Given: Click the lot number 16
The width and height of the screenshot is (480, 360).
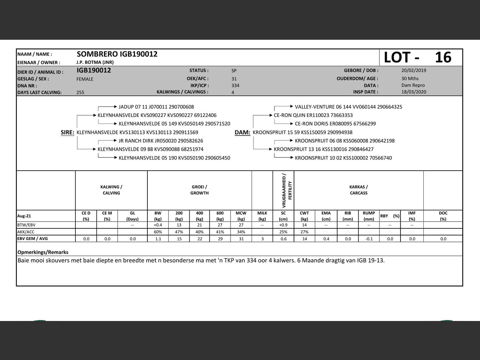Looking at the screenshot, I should (443, 57).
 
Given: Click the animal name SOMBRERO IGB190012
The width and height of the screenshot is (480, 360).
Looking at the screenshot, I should (117, 54).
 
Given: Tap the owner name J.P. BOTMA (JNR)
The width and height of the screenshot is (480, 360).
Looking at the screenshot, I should (95, 62).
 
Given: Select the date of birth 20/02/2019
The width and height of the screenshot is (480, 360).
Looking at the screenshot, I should (414, 70).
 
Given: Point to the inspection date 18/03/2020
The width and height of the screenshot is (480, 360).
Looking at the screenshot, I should (414, 92).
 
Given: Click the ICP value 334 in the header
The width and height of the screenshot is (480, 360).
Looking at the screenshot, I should (235, 85).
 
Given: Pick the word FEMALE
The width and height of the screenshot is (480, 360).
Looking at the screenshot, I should (85, 79).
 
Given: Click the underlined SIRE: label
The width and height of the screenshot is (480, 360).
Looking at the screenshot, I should (67, 132).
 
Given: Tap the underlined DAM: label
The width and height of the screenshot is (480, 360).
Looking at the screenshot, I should (242, 132).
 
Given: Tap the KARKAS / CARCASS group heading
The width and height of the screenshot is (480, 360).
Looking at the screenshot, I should (358, 190).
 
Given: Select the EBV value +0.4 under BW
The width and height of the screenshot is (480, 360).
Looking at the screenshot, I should (158, 225).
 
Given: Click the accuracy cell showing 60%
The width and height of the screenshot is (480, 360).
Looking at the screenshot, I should (158, 232).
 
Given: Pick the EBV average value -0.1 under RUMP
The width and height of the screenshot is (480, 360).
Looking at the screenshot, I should (369, 239).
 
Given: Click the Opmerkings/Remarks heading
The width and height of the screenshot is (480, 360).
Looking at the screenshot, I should (43, 252).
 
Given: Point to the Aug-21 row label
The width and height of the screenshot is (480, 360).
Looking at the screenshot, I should (24, 216).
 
